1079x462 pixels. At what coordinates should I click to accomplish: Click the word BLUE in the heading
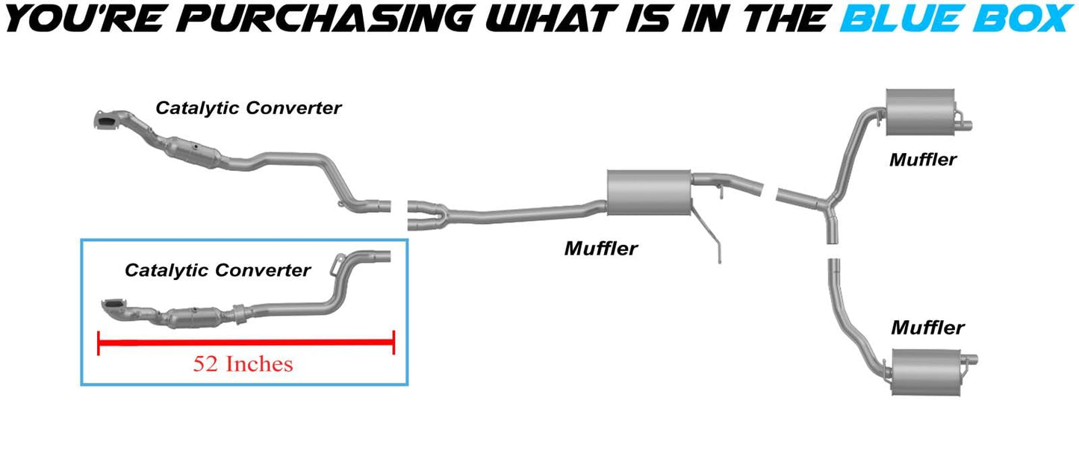click(904, 18)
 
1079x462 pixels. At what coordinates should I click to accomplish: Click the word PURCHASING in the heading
click(307, 18)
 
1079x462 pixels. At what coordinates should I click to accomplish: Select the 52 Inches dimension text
click(243, 364)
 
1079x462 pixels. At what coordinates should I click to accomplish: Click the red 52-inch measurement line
click(246, 343)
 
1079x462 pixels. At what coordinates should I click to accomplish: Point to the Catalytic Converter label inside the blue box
click(217, 270)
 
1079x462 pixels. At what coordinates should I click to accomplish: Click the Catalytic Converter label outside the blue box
click(248, 107)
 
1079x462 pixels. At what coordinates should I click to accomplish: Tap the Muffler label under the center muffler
click(601, 248)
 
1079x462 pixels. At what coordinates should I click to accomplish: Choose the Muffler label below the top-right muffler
click(923, 159)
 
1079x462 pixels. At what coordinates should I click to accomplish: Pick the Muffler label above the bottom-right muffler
click(927, 327)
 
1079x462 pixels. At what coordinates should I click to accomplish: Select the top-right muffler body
click(921, 113)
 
